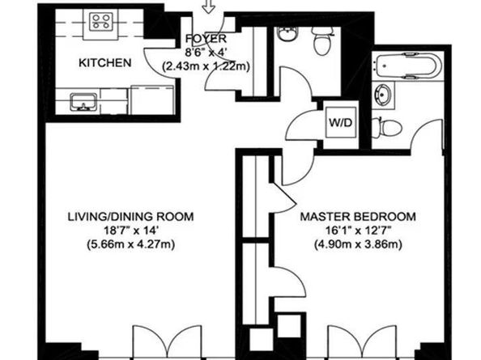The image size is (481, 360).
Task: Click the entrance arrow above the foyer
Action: point(209,7)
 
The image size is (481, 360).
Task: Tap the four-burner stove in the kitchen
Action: point(103,23)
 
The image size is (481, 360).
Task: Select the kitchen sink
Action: point(83,102)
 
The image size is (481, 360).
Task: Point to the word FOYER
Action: point(200,39)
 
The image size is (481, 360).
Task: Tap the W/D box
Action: point(338,122)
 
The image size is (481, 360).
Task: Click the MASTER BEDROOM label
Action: point(358,217)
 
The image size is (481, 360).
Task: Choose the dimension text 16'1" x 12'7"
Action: point(358,231)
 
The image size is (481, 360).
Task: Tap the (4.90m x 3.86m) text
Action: point(358,244)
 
